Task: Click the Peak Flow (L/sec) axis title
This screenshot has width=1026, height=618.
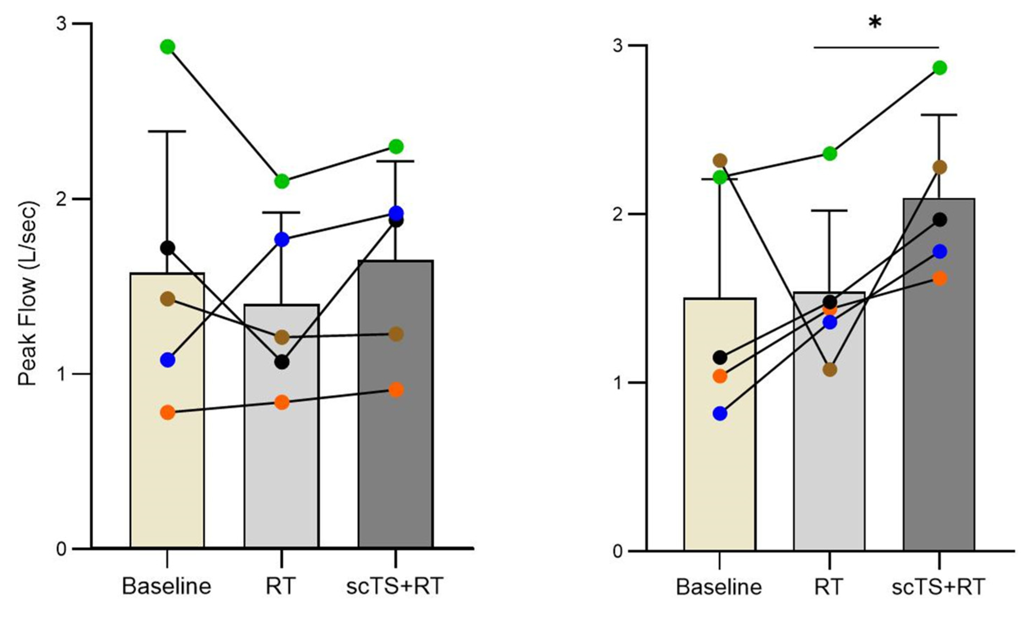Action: coord(28,293)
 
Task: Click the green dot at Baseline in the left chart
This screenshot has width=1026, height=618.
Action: coord(167,47)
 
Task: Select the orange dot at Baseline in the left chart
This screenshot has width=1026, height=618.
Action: coord(167,412)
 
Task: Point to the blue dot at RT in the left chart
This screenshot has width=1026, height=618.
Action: coord(282,240)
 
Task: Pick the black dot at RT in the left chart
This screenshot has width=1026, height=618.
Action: coord(282,362)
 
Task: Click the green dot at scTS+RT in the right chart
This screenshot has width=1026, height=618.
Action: coord(939,68)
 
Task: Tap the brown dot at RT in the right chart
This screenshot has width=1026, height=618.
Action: coord(830,369)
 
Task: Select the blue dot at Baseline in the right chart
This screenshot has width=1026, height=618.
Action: coord(720,413)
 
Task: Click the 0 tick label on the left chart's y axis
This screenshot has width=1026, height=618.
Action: coord(61,548)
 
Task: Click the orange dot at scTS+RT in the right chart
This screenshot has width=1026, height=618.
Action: coord(939,278)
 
